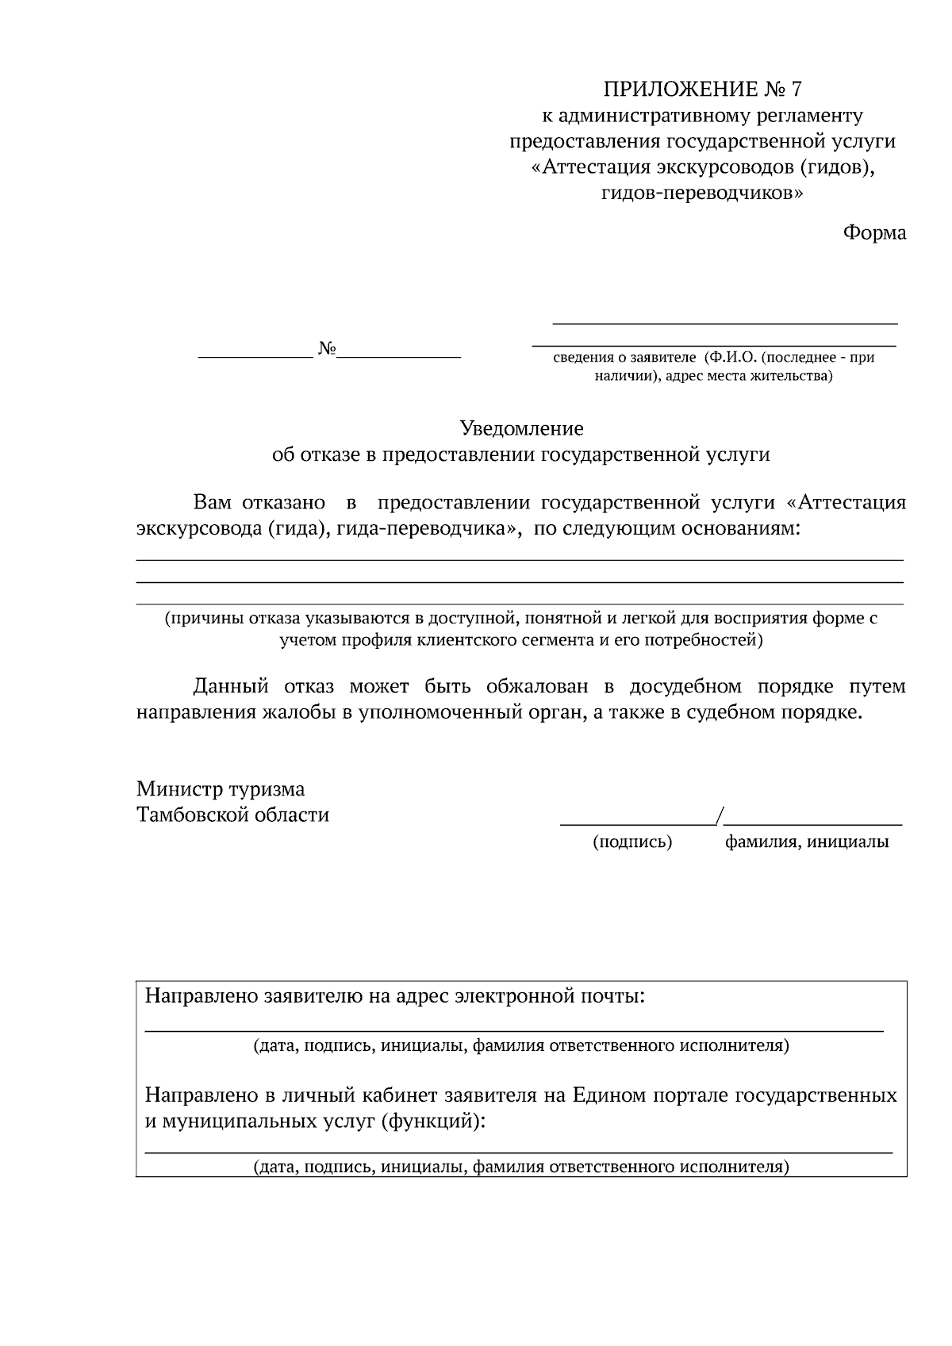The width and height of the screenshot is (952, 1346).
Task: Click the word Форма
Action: (873, 233)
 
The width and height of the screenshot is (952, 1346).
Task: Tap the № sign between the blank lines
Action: (327, 348)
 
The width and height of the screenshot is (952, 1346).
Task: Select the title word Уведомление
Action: (521, 429)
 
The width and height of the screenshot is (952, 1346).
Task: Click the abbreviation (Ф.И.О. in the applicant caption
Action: (728, 358)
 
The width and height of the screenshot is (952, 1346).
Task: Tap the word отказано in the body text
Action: (283, 503)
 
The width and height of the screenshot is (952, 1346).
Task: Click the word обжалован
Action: (532, 686)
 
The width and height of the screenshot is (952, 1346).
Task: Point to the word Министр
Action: (180, 789)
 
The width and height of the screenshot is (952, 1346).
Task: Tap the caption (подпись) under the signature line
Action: (632, 842)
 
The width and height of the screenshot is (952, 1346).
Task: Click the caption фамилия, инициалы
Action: (806, 842)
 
